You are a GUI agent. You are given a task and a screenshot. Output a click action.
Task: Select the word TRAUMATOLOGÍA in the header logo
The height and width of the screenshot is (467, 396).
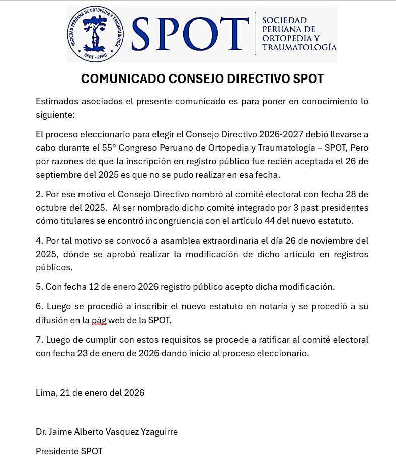[299, 48]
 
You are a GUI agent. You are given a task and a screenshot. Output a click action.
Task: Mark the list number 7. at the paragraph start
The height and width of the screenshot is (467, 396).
[39, 340]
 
